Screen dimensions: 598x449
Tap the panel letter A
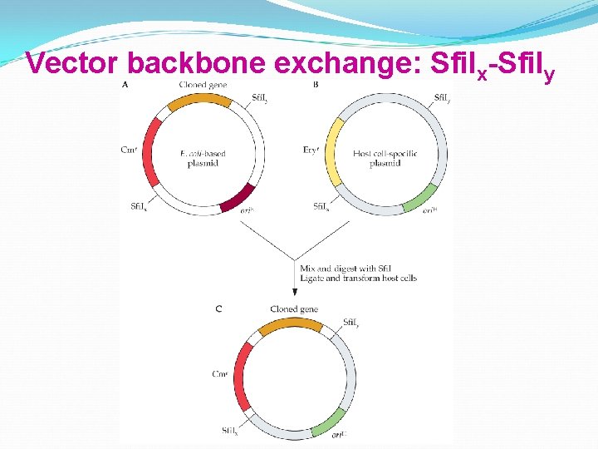point(125,86)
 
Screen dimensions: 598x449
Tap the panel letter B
point(316,86)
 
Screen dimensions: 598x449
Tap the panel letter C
point(218,309)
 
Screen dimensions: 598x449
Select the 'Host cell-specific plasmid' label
point(385,158)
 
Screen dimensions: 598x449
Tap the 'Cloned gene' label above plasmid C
point(293,309)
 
